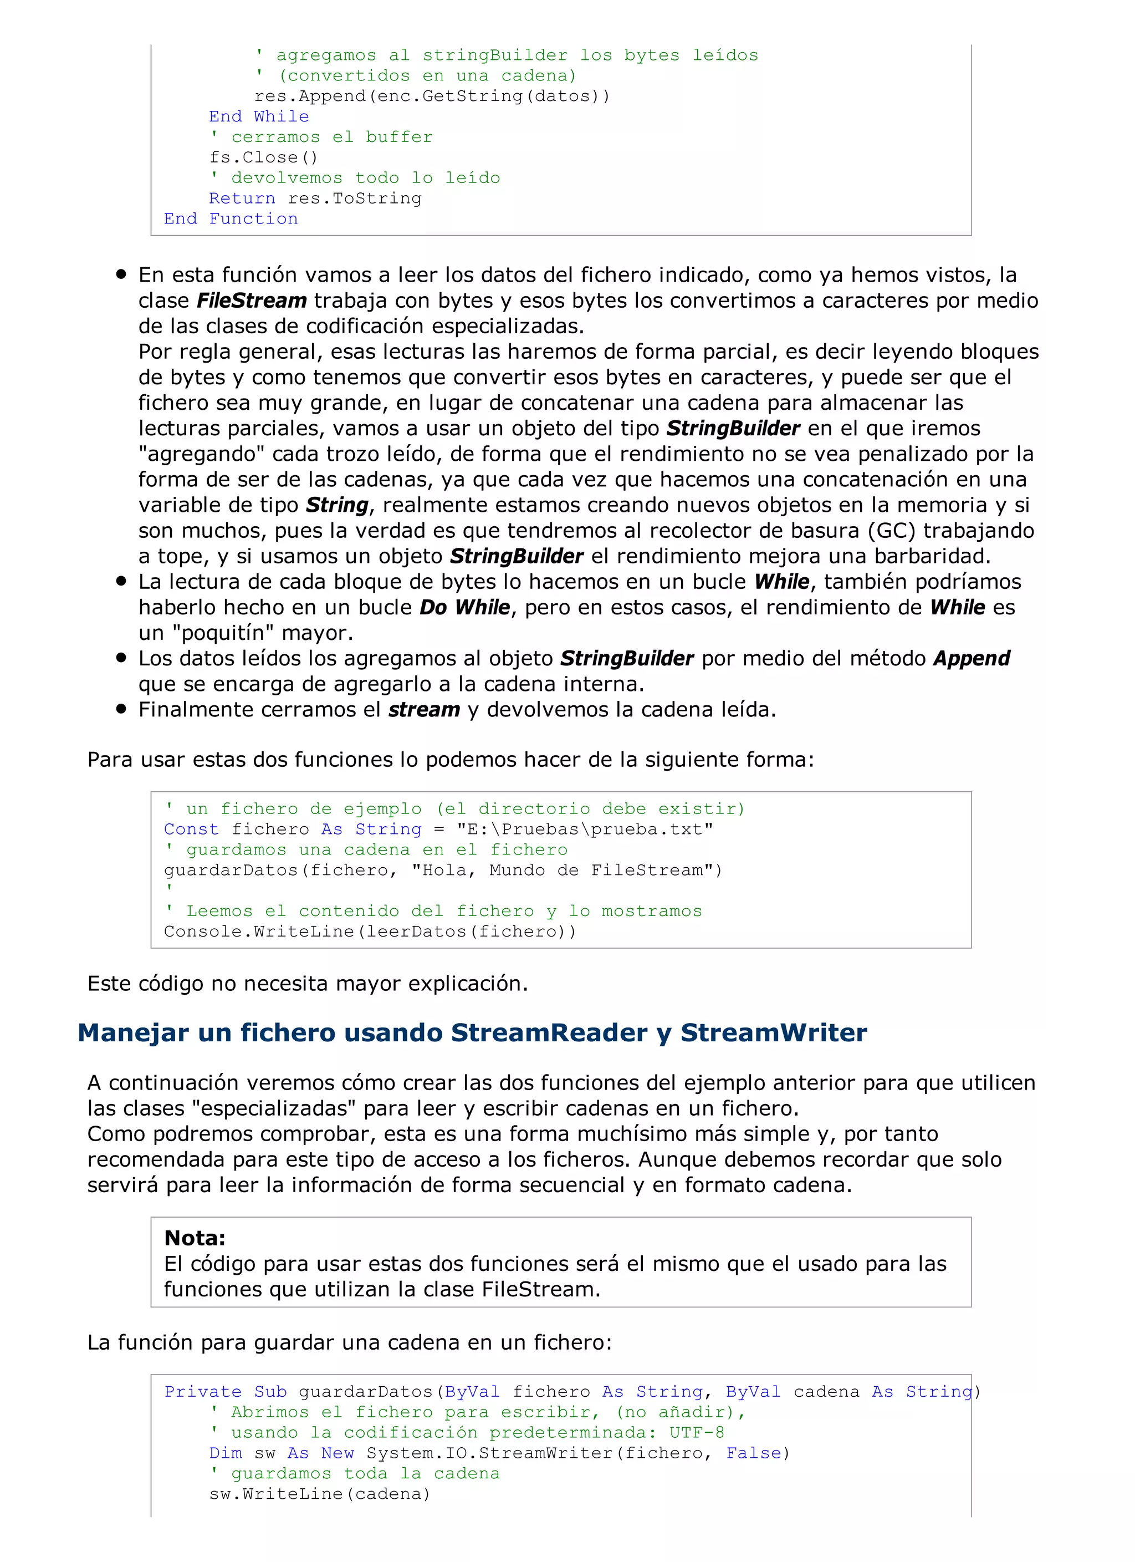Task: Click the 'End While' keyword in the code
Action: [259, 116]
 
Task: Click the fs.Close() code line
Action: [264, 157]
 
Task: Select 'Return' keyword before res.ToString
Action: [242, 199]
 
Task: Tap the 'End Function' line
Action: [231, 219]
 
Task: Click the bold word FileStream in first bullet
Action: [251, 301]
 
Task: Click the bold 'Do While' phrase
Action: [464, 608]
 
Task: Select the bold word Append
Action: [971, 658]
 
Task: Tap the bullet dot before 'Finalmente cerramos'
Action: [122, 709]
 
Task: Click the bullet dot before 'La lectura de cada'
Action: [122, 581]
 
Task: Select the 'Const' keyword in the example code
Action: [191, 829]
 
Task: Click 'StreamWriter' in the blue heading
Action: [774, 1033]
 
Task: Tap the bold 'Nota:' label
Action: [195, 1238]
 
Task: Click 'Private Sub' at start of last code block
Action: [225, 1392]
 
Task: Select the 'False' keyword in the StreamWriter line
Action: [754, 1453]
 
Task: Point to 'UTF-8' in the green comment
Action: [697, 1432]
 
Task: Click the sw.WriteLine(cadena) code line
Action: [319, 1494]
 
